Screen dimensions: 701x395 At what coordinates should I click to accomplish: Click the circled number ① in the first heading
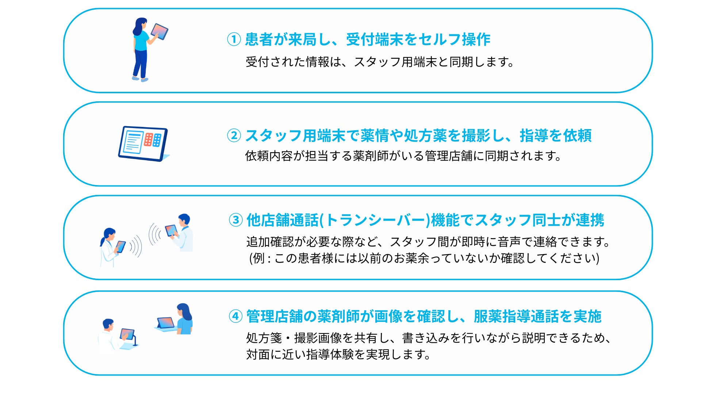coord(234,39)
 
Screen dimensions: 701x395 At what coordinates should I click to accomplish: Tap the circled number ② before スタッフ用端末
coord(234,135)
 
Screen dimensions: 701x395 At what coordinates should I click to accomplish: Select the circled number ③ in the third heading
coord(235,220)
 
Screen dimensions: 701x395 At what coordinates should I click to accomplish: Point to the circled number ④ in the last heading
coord(235,316)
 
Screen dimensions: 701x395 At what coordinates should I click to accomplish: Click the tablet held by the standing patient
coord(160,31)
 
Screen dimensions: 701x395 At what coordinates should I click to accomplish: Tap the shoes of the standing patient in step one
coord(140,79)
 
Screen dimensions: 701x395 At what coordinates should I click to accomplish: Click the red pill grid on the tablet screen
coord(148,139)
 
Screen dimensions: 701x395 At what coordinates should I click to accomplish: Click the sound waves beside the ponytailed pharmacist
coord(136,246)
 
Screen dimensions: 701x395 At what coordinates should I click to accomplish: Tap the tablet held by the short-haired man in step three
coord(171,230)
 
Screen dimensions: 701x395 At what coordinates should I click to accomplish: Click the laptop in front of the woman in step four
coord(166,324)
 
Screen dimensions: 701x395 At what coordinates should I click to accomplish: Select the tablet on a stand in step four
coord(127,334)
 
